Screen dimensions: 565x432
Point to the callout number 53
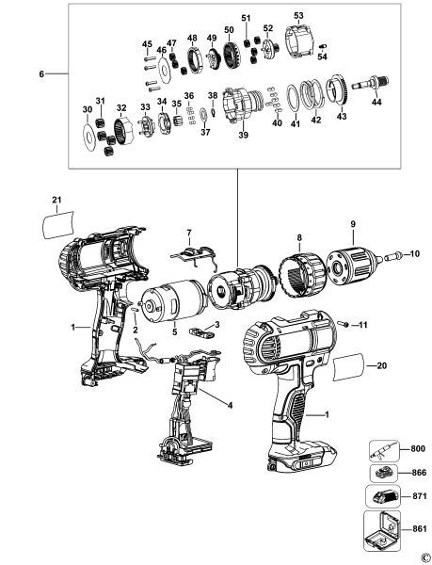click(298, 16)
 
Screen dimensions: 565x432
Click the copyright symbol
click(424, 557)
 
